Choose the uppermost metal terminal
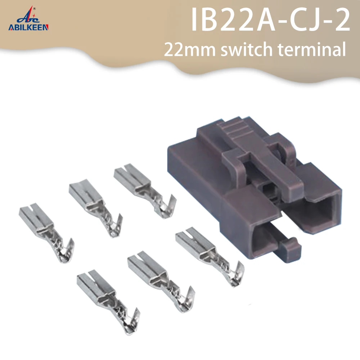tap(144, 187)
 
